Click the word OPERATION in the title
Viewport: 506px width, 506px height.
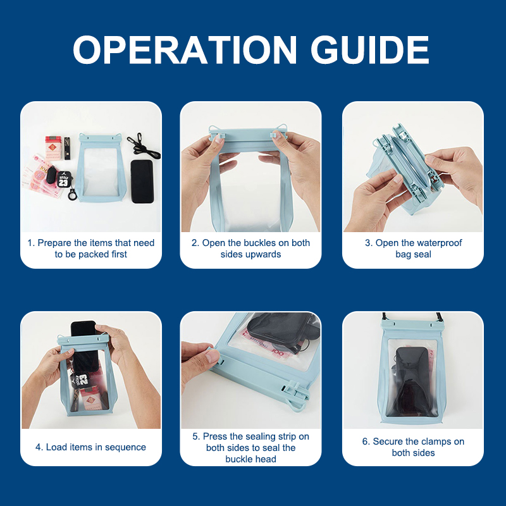click(185, 50)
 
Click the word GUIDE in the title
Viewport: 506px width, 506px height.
click(370, 50)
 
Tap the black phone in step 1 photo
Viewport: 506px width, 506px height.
click(142, 182)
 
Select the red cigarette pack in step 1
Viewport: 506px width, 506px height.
click(53, 148)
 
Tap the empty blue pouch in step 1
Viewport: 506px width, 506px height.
click(101, 168)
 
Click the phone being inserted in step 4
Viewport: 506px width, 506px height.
click(85, 346)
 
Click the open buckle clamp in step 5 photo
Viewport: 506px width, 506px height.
click(295, 394)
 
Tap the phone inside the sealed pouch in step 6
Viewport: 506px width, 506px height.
click(412, 381)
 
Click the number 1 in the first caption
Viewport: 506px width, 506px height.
click(30, 243)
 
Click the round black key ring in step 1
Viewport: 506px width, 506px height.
click(72, 195)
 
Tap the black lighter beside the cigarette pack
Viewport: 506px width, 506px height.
click(67, 148)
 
